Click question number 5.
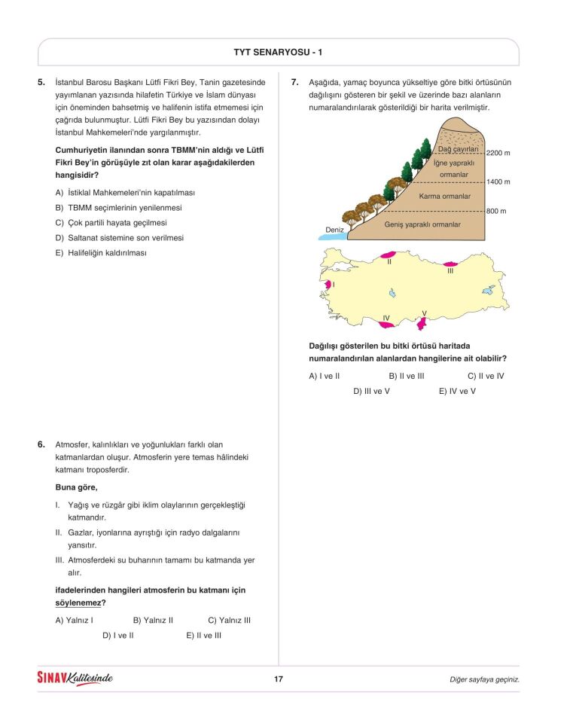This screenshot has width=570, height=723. (41, 82)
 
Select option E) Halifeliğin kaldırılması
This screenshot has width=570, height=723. (101, 253)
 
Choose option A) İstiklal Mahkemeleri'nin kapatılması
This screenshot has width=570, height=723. (125, 193)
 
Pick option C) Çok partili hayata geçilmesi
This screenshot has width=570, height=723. (111, 223)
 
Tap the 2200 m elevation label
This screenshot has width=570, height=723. (498, 153)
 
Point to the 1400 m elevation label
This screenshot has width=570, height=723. (498, 182)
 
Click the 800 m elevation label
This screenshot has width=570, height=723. (496, 212)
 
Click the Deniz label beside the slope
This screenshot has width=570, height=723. (334, 230)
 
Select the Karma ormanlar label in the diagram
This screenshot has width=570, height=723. (444, 197)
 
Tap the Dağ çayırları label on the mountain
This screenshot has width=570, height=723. (459, 149)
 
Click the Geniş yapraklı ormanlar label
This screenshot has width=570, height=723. (422, 224)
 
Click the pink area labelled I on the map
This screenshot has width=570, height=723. (328, 285)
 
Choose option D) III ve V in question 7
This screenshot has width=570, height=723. (371, 391)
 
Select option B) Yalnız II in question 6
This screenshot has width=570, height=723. (153, 621)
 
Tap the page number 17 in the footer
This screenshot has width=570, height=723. (278, 679)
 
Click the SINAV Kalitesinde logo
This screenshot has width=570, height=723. (75, 679)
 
